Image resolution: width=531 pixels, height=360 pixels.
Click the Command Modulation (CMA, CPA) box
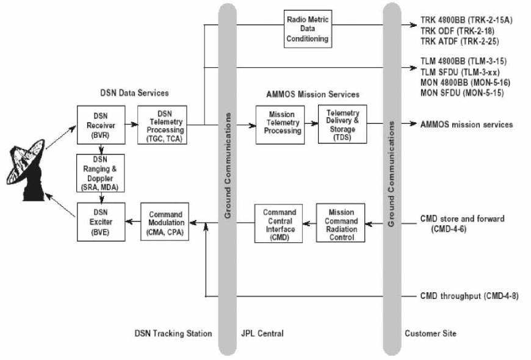click(x=165, y=223)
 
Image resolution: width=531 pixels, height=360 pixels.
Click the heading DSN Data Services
click(x=134, y=93)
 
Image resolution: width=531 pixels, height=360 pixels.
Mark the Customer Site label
click(x=430, y=334)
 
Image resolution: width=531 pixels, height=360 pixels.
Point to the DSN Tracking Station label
click(x=173, y=334)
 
